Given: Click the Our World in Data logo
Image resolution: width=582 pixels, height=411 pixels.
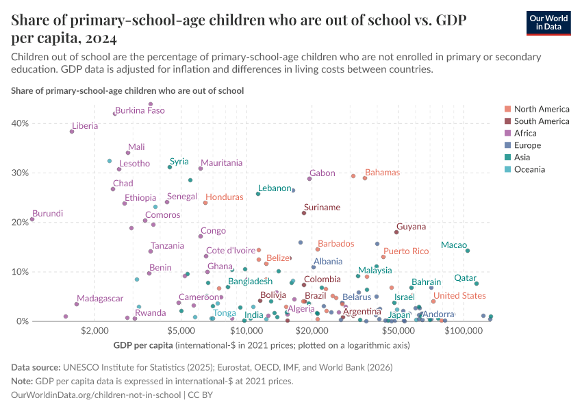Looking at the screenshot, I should coord(548,23).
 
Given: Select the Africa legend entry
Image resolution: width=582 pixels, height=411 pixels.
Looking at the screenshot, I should coord(527,134).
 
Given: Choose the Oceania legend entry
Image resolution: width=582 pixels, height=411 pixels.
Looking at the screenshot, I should coord(529,170).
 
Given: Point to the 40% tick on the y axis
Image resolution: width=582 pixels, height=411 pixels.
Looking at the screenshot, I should coord(20,123).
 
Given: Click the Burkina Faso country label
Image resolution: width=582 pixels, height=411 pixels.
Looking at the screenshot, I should coord(140,110).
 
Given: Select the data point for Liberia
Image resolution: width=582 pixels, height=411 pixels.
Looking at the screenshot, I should coord(72,132).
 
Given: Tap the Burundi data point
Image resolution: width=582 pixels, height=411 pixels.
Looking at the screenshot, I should coord(32,219).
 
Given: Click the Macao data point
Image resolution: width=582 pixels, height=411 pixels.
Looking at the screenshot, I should coord(468,251).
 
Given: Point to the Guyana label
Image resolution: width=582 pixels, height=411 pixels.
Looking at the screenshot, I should coord(411,227).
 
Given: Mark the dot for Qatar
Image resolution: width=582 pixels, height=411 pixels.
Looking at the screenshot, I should coord(477,284).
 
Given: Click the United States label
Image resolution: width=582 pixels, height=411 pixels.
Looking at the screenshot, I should coord(459,295).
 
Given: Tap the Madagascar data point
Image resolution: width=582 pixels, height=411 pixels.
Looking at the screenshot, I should coord(77,304).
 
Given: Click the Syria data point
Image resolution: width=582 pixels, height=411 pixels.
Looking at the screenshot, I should coord(170,167).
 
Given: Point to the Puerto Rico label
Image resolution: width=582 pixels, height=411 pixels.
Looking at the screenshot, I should coord(406,251).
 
